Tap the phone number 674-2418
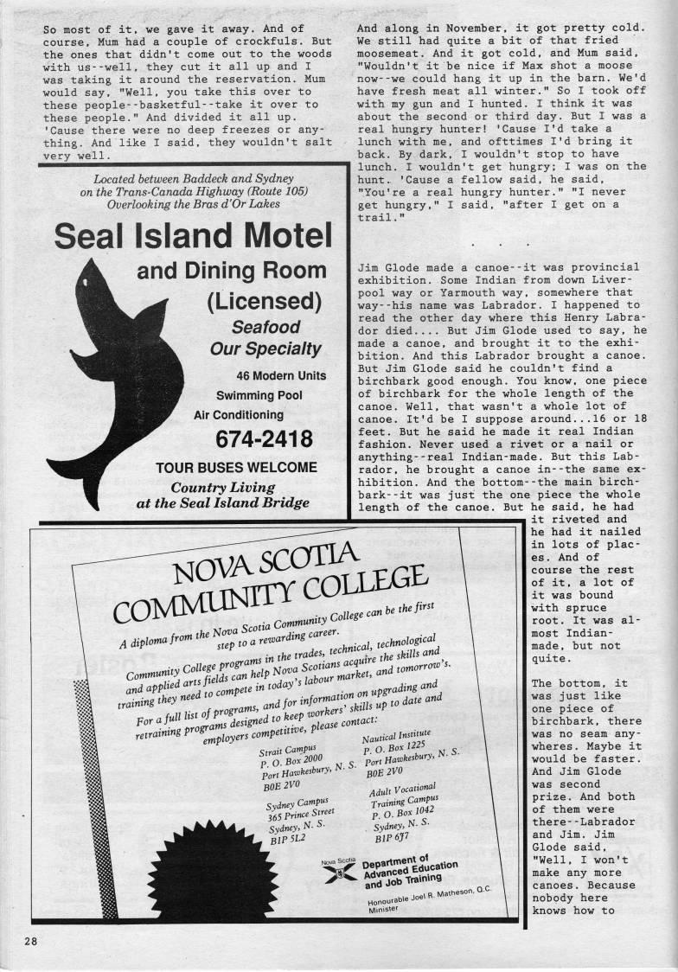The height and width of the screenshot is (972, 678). click(265, 439)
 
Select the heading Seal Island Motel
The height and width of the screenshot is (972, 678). click(192, 235)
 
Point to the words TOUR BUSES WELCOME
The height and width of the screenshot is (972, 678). click(236, 467)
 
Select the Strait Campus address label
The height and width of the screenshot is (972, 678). click(289, 749)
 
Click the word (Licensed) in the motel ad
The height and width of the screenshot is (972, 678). click(264, 302)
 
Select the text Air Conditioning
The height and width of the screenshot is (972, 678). click(239, 415)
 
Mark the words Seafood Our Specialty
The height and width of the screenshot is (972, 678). click(265, 338)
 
